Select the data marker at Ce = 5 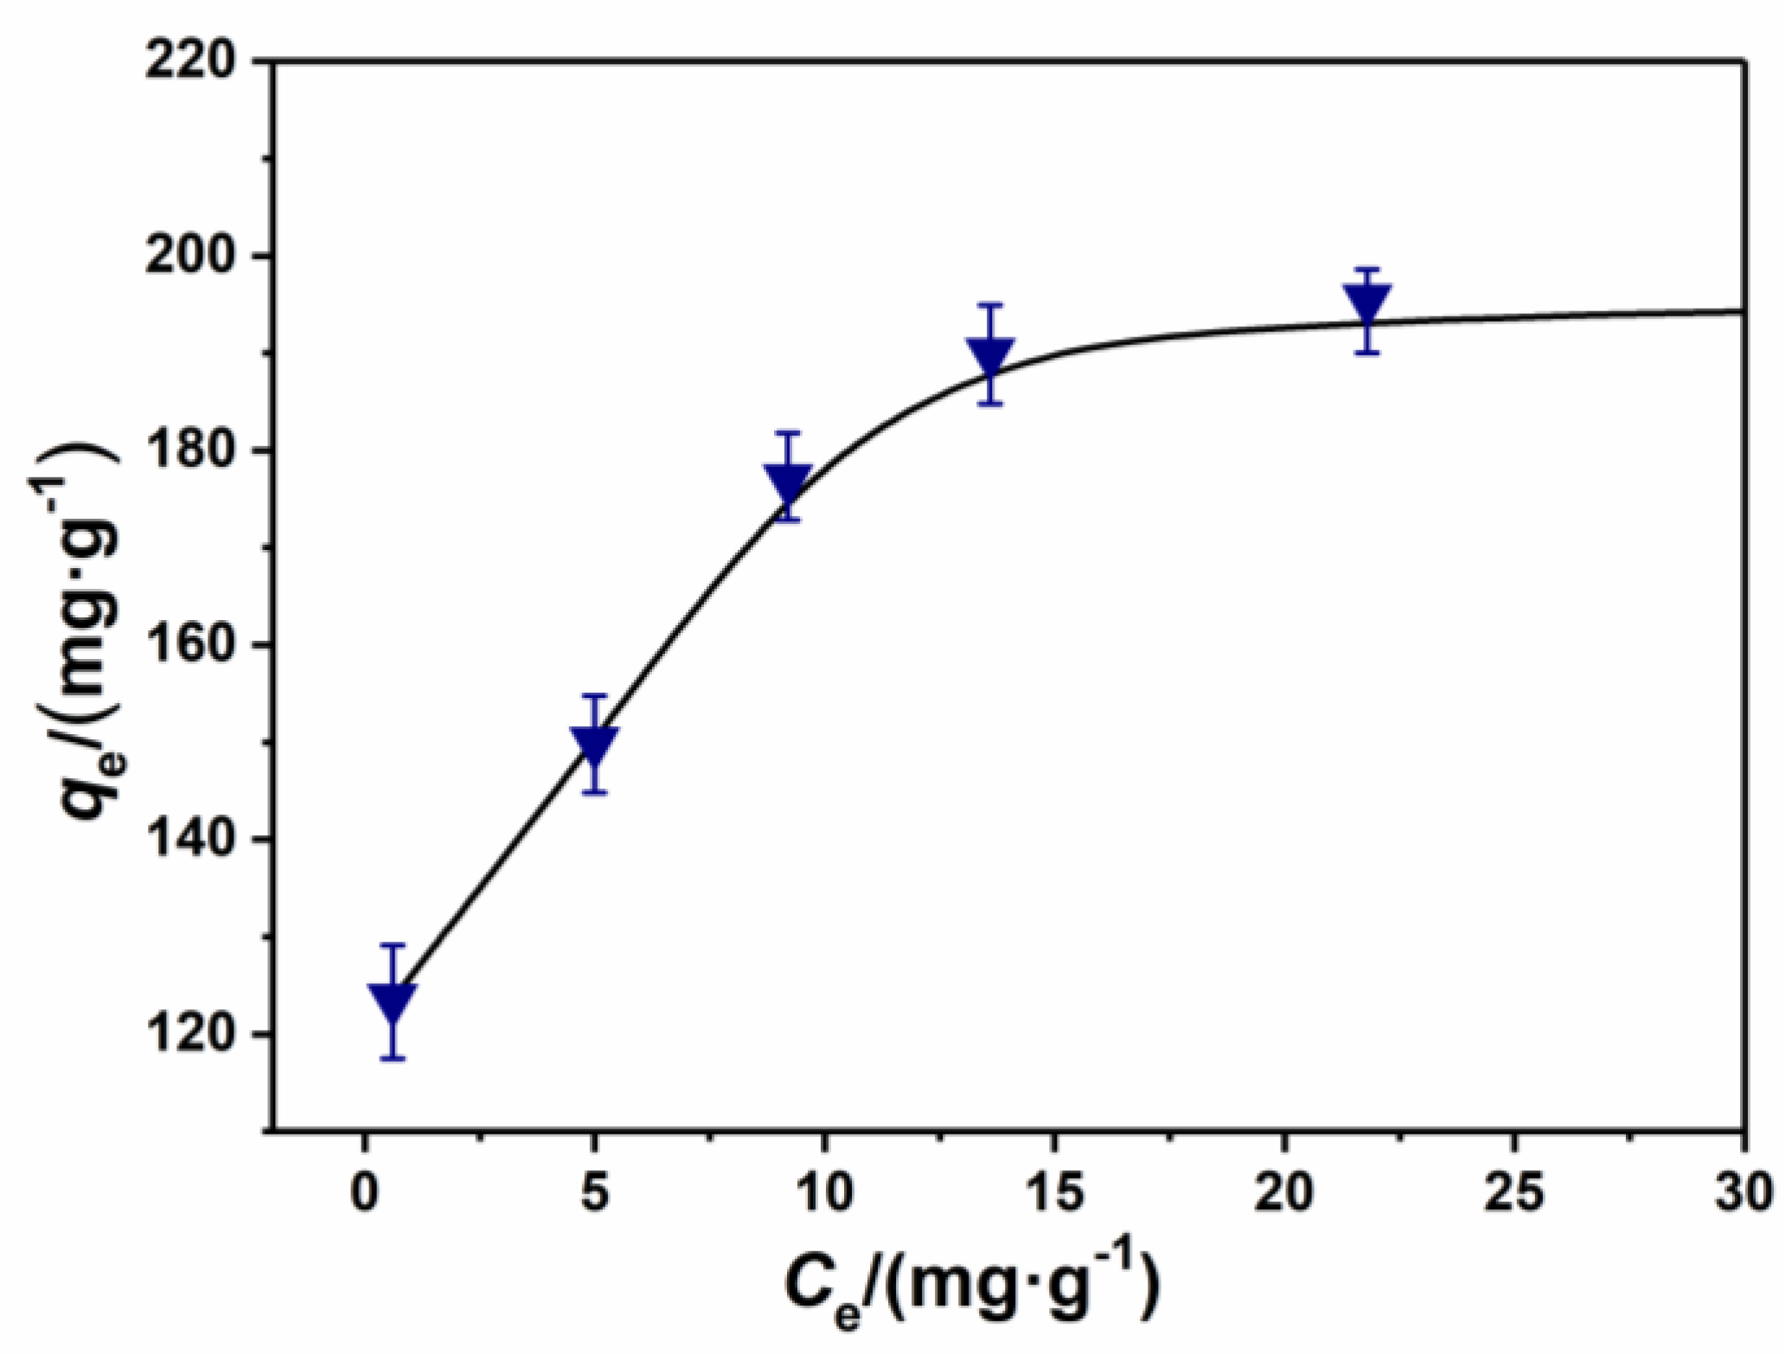point(594,745)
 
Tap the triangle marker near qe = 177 point(788,481)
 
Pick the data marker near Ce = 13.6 point(990,355)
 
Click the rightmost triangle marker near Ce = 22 point(1367,303)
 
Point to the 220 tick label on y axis point(192,62)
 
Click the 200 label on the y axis point(192,257)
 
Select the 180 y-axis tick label point(192,451)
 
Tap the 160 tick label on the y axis point(192,645)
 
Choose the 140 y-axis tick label point(192,839)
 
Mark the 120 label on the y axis point(192,1033)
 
